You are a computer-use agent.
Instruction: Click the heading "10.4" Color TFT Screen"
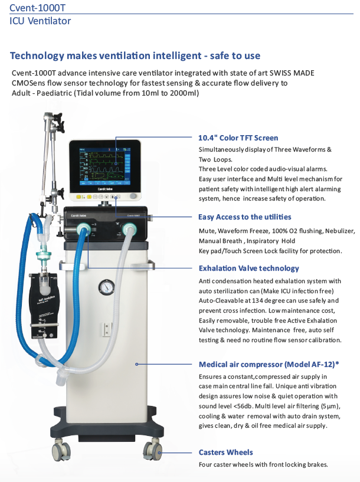(238, 137)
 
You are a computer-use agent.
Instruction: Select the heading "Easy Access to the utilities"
(245, 217)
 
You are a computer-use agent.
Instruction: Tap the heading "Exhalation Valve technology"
(248, 268)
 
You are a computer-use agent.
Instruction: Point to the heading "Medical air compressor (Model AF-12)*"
(269, 364)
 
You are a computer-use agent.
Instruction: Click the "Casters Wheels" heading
(225, 452)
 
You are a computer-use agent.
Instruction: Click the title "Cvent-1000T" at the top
(37, 8)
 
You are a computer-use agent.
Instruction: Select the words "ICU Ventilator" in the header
(40, 21)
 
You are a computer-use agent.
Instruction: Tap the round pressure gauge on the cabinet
(106, 287)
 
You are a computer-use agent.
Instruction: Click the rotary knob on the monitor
(133, 196)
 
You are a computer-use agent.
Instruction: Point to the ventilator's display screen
(104, 166)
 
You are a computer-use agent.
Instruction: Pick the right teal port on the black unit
(129, 229)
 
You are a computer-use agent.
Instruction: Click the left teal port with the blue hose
(83, 229)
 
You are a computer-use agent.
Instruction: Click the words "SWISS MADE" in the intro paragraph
(292, 73)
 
